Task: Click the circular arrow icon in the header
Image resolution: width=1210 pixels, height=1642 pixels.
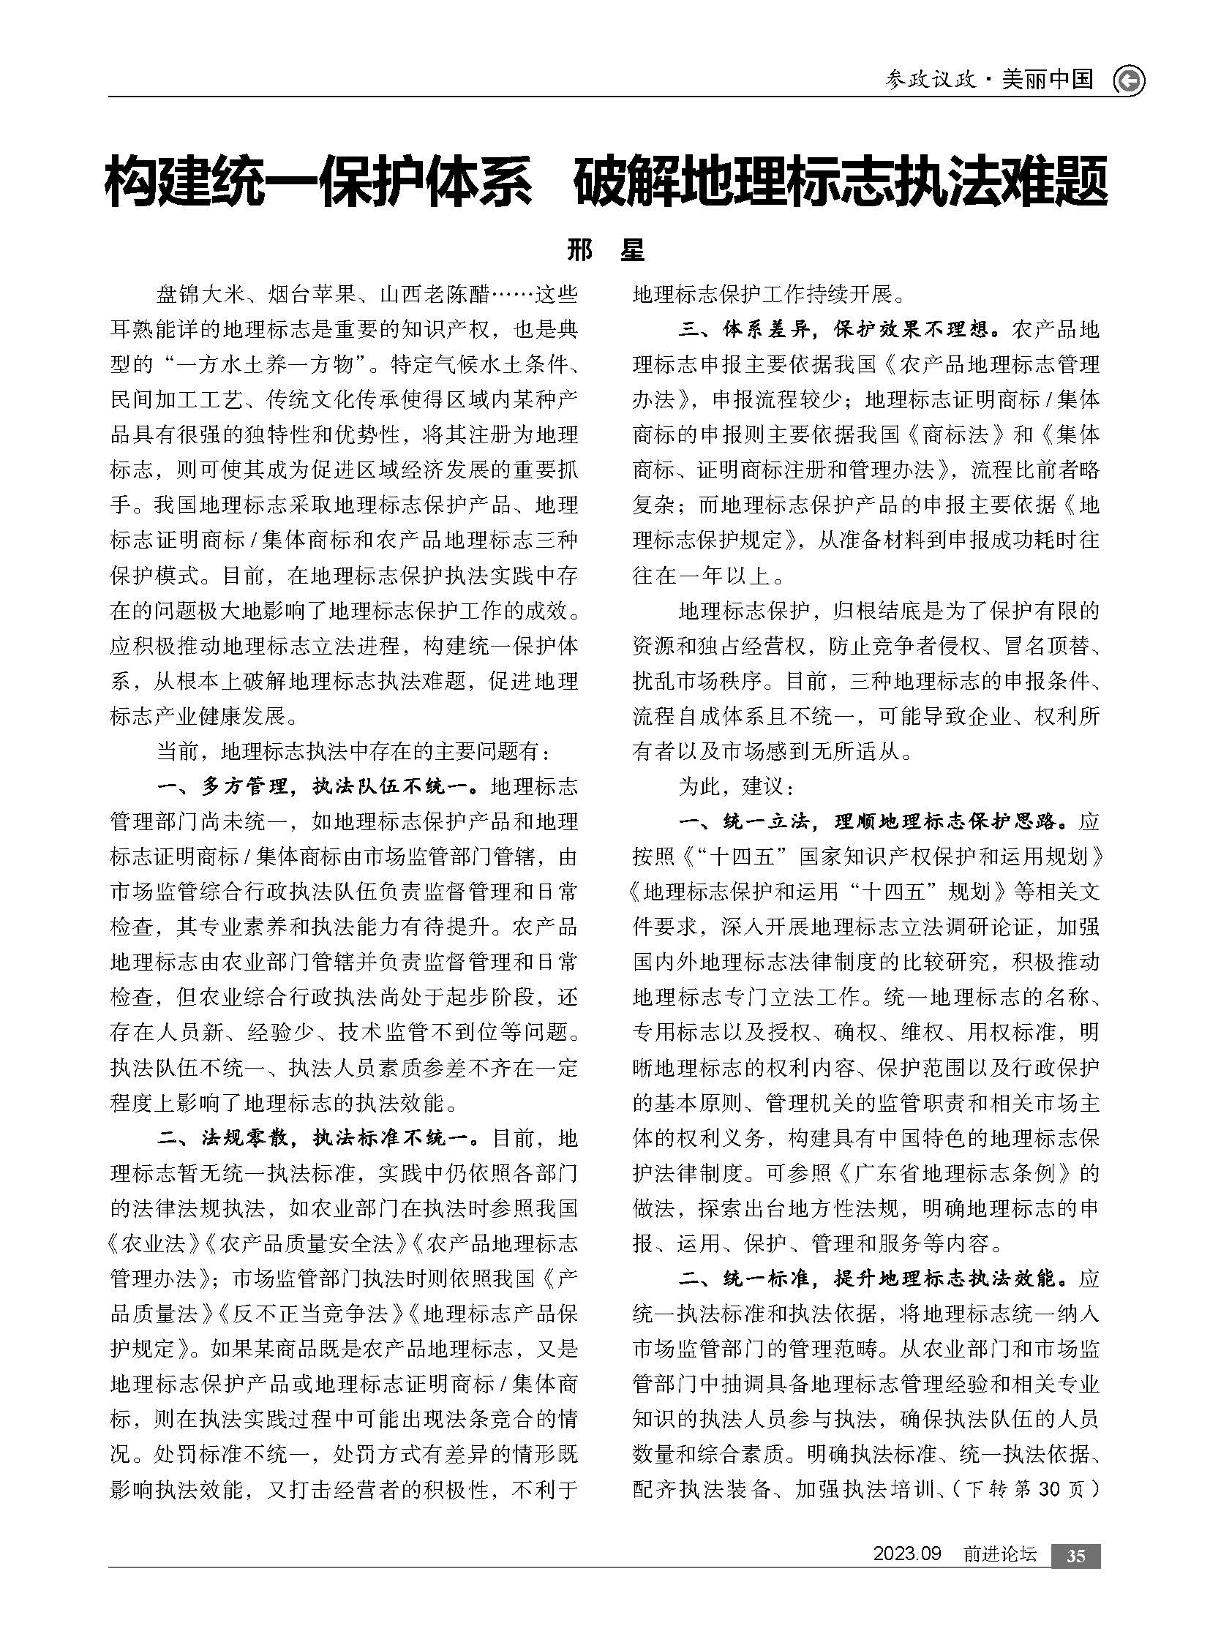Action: pos(1129,80)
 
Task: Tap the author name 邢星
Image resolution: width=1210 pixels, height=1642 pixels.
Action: pos(605,251)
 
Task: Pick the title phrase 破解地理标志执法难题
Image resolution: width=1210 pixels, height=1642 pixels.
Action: pos(840,181)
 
